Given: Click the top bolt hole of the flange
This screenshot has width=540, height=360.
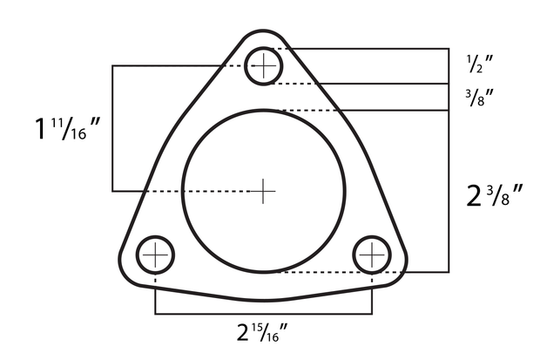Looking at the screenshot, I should tap(263, 65).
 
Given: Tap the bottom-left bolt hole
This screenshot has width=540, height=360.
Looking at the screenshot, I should tap(155, 255).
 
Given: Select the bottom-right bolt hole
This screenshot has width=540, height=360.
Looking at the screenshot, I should tap(372, 255).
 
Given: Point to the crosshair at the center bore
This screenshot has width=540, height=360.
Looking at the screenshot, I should tap(263, 190).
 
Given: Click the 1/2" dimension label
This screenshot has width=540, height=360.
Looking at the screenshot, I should tap(478, 64).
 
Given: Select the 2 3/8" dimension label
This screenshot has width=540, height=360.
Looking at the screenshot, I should tap(493, 195).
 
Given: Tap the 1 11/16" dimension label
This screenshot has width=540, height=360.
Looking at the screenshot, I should tap(69, 132).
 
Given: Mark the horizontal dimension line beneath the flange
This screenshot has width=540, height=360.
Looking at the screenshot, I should tap(263, 312).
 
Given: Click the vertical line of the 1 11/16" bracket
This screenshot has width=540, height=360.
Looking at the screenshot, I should tap(113, 128).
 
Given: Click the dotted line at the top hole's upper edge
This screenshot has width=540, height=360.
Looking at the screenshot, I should tap(279, 49).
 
